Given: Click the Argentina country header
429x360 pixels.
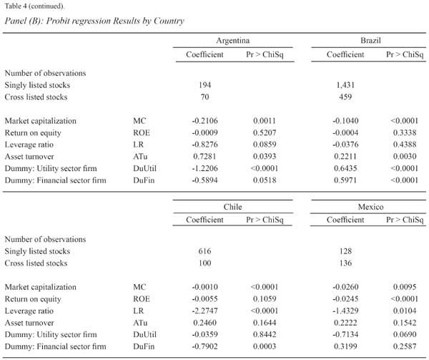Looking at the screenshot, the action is [x=233, y=41].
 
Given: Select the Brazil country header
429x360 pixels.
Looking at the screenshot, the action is [x=370, y=41].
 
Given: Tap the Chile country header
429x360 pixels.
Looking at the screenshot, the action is [x=232, y=207].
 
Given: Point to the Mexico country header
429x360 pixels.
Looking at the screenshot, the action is [x=370, y=207].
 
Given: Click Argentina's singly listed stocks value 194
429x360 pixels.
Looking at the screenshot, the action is [x=204, y=85].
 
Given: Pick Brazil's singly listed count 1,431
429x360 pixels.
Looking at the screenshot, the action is [x=345, y=85].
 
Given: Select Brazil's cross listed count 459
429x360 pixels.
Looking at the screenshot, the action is [x=345, y=97].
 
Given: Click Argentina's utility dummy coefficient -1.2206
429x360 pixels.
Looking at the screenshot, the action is [x=204, y=168].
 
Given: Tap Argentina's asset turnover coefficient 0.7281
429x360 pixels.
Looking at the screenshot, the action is [x=204, y=156].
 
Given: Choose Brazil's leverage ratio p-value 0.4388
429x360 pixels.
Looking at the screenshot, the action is [x=405, y=145].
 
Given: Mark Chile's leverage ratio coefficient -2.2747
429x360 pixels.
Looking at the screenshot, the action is [x=204, y=311].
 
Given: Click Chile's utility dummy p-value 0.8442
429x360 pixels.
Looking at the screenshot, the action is [x=265, y=334].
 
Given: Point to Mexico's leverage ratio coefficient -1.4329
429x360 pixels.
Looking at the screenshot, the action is [x=345, y=311].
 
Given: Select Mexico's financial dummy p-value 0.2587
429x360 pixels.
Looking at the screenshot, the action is [x=405, y=346].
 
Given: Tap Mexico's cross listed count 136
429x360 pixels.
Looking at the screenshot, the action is [x=345, y=263].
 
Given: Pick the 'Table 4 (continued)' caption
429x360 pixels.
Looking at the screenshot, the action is [x=34, y=6].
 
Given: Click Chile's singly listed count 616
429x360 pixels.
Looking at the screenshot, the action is [x=204, y=251].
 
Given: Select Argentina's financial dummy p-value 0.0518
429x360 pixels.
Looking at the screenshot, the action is [x=265, y=180].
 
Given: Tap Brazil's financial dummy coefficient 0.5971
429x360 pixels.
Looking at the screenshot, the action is [x=345, y=180].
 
